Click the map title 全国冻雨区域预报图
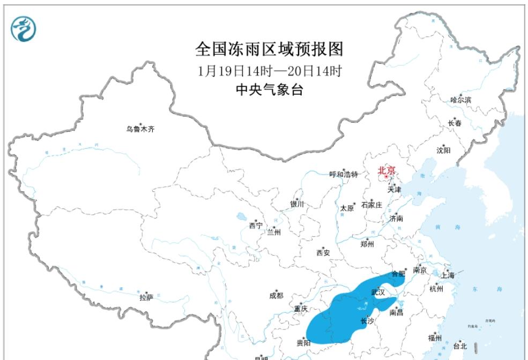pyautogui.click(x=269, y=49)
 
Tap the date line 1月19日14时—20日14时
pyautogui.click(x=269, y=71)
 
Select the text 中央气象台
pyautogui.click(x=269, y=90)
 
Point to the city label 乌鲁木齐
pyautogui.click(x=140, y=129)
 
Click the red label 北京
pyautogui.click(x=386, y=170)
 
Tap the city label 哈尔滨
pyautogui.click(x=460, y=100)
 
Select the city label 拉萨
pyautogui.click(x=146, y=297)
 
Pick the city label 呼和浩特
pyautogui.click(x=343, y=174)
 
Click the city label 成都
pyautogui.click(x=276, y=295)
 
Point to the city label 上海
pyautogui.click(x=447, y=275)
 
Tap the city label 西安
pyautogui.click(x=323, y=252)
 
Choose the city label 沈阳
pyautogui.click(x=443, y=150)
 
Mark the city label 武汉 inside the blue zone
pyautogui.click(x=378, y=292)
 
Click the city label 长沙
pyautogui.click(x=367, y=321)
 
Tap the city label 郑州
pyautogui.click(x=367, y=244)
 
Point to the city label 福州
pyautogui.click(x=435, y=337)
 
